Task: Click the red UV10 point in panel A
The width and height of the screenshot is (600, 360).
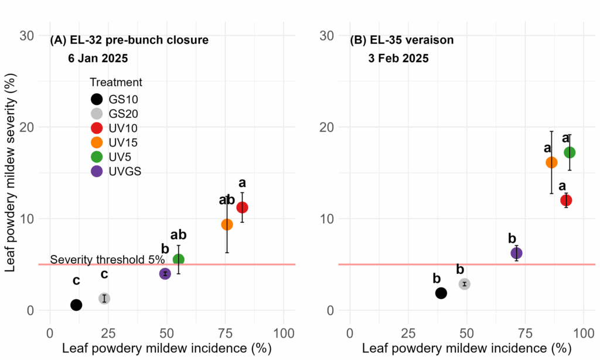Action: (242, 208)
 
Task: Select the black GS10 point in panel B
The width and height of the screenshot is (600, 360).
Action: (441, 293)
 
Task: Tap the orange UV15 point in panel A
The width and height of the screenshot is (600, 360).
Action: (227, 225)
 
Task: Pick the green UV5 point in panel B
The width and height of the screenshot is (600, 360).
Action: (570, 152)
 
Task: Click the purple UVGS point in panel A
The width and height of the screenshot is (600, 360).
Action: (165, 274)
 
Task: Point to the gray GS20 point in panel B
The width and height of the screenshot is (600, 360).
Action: (465, 284)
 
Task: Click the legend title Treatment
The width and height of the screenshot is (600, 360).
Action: (116, 83)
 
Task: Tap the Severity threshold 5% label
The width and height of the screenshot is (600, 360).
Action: (103, 260)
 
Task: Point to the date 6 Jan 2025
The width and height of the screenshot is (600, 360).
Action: (97, 59)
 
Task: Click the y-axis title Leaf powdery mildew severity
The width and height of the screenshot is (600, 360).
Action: (10, 173)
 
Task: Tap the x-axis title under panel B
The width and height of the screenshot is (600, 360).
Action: (466, 348)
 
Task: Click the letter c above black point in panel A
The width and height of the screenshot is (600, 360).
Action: (76, 281)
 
